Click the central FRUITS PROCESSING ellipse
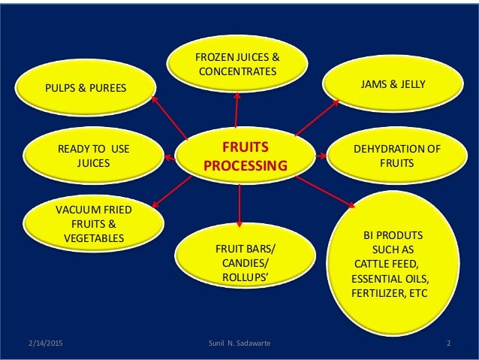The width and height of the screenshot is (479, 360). [x=239, y=154]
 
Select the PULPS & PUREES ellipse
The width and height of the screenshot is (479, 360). [x=84, y=90]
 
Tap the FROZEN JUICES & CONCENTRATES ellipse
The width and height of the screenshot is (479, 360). [x=236, y=63]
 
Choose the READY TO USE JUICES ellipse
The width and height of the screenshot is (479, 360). [x=93, y=154]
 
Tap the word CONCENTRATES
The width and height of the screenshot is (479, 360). [x=236, y=71]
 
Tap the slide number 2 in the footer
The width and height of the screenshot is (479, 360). [x=447, y=344]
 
